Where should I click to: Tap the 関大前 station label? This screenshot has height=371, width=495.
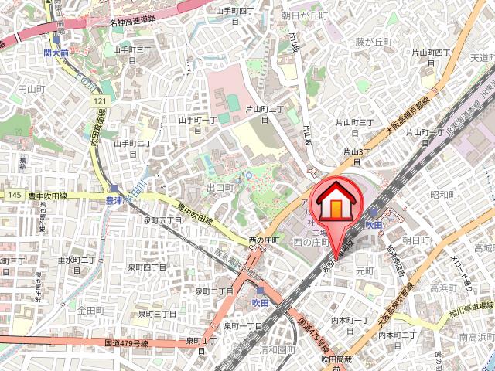click(x=56, y=53)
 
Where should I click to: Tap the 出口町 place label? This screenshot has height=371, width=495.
click(x=220, y=188)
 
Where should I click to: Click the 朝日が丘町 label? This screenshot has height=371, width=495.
click(x=305, y=15)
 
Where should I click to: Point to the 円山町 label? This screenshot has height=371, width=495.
click(x=32, y=90)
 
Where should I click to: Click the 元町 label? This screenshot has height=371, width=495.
click(x=364, y=271)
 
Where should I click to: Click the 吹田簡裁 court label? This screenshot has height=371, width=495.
click(x=337, y=359)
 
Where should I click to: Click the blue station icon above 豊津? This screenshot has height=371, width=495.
click(x=114, y=188)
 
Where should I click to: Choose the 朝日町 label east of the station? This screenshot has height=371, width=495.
click(x=416, y=241)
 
